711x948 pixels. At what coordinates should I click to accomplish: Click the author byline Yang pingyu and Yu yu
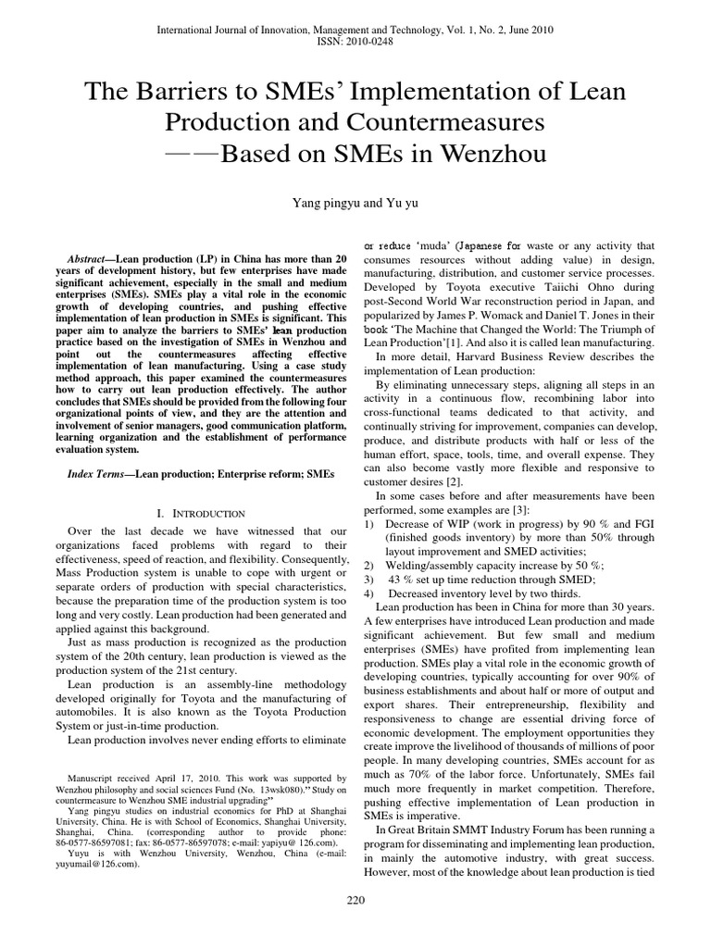click(x=355, y=197)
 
